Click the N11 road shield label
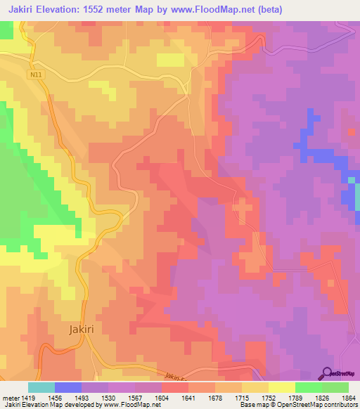coord(37,74)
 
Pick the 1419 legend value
coord(27,398)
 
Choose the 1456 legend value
coord(54,398)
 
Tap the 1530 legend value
coord(108,398)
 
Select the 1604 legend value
coord(161,398)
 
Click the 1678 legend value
coord(214,398)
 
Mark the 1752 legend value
coord(268,398)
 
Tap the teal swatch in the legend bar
coord(41,387)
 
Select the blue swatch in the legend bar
coord(68,387)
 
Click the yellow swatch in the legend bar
coord(282,387)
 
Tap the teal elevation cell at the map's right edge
coord(351,182)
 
